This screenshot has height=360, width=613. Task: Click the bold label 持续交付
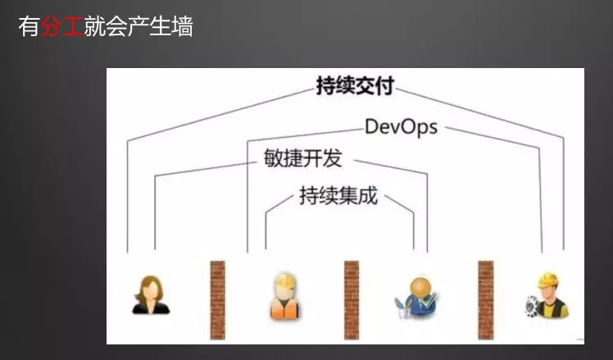click(x=355, y=86)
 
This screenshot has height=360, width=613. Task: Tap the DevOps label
click(x=401, y=127)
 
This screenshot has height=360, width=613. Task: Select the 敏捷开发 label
click(x=303, y=158)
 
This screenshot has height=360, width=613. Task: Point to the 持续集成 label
click(x=338, y=196)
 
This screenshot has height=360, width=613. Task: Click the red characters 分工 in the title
click(x=61, y=26)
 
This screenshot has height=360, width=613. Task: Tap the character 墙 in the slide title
click(x=183, y=26)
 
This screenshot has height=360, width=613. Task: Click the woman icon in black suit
click(x=151, y=294)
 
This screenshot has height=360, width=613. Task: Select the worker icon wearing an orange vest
click(x=285, y=296)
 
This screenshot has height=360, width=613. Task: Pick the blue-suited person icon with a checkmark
click(x=417, y=298)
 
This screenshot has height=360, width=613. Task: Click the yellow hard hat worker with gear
click(x=547, y=295)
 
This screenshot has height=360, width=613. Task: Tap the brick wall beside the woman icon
click(x=218, y=300)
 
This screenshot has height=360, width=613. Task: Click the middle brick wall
click(x=352, y=300)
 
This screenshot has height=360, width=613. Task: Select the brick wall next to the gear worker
click(x=485, y=300)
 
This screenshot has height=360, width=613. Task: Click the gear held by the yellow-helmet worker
click(x=532, y=307)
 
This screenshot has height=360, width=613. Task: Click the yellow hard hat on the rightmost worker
click(x=548, y=280)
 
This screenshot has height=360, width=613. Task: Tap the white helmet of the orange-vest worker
click(x=284, y=281)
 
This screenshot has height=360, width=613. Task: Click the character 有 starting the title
click(x=30, y=26)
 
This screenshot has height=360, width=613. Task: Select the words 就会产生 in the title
click(x=128, y=26)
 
